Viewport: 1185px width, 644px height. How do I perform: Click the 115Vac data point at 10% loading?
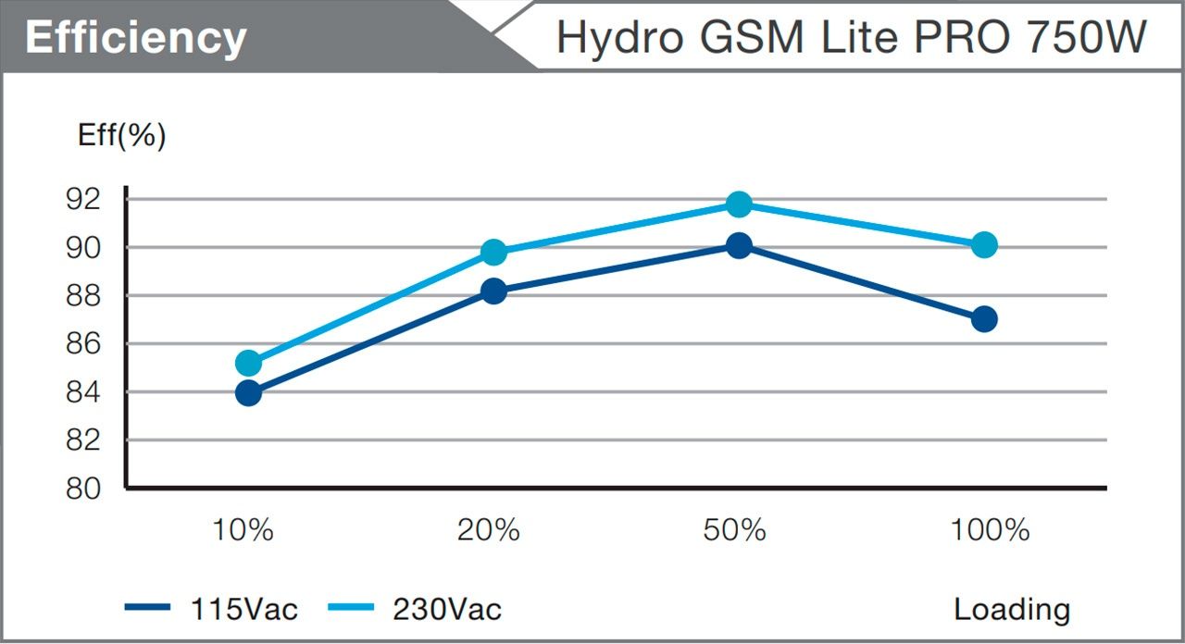248,393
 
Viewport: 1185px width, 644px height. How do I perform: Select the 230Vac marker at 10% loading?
248,363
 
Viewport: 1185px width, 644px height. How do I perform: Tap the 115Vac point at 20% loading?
493,291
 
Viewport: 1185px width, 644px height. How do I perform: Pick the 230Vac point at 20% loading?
493,252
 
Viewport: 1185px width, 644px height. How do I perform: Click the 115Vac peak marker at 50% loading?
739,245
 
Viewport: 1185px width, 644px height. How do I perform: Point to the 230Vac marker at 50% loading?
739,204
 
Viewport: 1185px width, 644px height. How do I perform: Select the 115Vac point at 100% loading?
984,319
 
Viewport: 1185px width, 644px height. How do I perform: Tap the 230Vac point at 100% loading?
984,245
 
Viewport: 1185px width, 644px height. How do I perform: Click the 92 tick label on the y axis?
83,199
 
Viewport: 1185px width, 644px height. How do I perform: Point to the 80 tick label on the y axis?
83,489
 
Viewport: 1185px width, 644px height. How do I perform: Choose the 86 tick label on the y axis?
83,344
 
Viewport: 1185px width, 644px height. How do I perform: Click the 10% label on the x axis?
243,530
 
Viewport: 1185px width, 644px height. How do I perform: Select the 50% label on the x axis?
734,530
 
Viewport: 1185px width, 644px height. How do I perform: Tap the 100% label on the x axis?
990,530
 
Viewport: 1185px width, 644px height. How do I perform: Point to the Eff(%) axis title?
121,136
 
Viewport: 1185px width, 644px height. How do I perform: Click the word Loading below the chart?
1012,610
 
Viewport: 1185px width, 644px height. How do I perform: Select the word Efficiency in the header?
136,38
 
